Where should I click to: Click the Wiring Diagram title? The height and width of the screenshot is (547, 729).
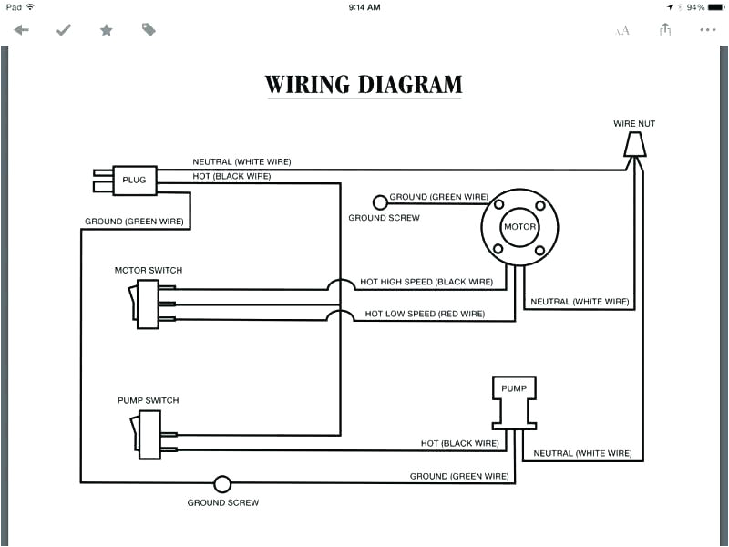point(364,85)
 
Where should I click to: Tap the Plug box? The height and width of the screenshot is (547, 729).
point(134,180)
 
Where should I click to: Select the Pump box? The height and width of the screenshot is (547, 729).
point(514,389)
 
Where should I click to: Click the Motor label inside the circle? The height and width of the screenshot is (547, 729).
point(519,227)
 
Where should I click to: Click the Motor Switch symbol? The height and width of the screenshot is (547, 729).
point(147,304)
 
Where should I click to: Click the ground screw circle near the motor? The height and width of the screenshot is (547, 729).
point(380,202)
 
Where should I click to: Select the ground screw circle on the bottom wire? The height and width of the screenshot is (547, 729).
point(222,484)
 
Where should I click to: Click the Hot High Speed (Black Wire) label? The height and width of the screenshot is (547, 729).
point(426,282)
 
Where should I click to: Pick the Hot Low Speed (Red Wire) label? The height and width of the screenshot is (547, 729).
point(425,314)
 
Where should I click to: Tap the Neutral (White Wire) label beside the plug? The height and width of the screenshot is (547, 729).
point(241,161)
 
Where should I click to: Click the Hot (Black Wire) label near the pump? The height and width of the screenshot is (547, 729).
point(459,443)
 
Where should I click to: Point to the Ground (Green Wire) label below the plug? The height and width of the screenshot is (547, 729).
point(134,221)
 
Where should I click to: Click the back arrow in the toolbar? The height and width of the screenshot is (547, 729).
point(21,30)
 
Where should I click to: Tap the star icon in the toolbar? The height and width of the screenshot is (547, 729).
point(106,30)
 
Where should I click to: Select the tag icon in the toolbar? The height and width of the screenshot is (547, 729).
point(149,30)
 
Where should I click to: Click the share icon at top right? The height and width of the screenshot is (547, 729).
point(665,30)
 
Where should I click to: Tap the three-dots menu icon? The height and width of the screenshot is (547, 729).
point(707,30)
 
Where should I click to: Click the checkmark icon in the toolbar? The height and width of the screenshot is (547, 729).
point(63,30)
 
